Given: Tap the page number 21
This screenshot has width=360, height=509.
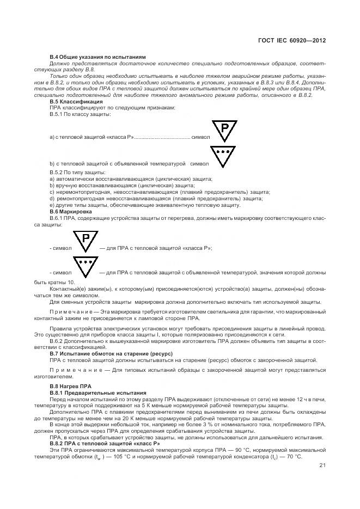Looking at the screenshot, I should (322, 465).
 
